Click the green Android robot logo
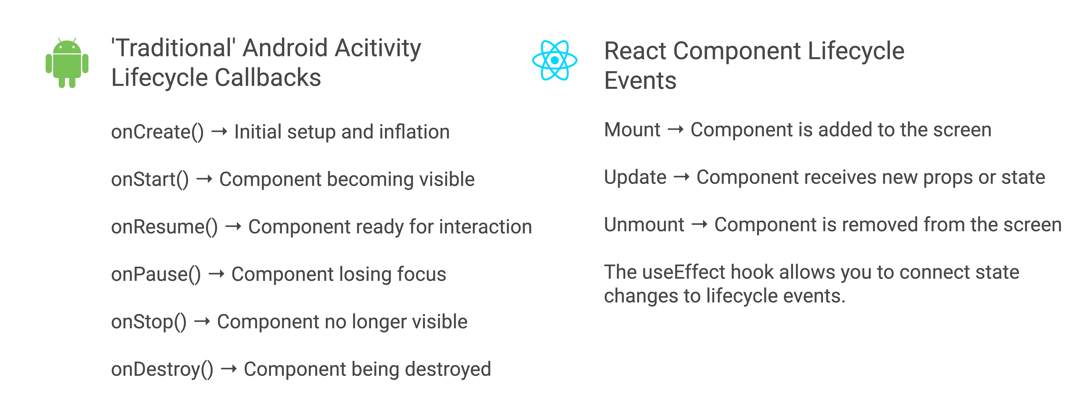pyautogui.click(x=67, y=63)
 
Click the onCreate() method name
pyautogui.click(x=157, y=132)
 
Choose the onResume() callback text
pyautogui.click(x=164, y=227)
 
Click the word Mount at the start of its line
pyautogui.click(x=632, y=130)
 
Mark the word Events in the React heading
pyautogui.click(x=640, y=81)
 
